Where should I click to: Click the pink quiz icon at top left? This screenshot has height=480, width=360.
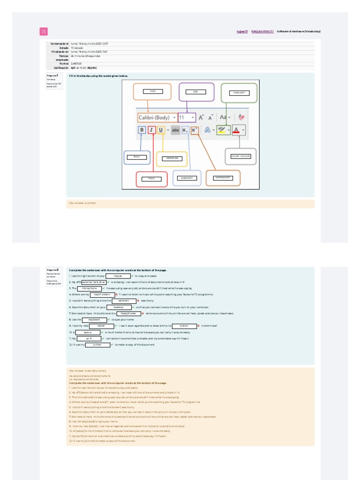(x=44, y=31)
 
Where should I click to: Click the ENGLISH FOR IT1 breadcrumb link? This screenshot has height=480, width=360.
(x=262, y=31)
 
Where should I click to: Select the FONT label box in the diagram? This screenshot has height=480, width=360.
(x=152, y=91)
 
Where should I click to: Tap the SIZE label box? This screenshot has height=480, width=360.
(x=195, y=92)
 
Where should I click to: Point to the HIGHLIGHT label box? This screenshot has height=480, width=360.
(x=239, y=93)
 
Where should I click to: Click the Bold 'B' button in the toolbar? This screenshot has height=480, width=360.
(x=142, y=130)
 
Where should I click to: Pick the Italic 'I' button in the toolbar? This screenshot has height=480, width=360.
(x=152, y=130)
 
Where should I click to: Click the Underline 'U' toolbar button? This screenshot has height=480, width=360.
(x=161, y=130)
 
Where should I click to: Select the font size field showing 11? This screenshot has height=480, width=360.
(x=186, y=118)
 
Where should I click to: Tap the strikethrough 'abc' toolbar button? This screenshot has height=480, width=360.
(x=175, y=130)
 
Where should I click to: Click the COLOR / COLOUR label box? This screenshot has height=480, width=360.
(x=240, y=156)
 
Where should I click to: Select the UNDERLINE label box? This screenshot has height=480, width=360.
(x=172, y=158)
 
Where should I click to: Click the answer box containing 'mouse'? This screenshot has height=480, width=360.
(x=117, y=276)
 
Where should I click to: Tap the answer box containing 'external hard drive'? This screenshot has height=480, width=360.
(x=93, y=282)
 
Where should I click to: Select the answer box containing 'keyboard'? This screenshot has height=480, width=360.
(x=94, y=319)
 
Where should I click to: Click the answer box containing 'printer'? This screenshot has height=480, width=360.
(x=97, y=345)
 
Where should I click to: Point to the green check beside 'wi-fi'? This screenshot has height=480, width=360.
(x=103, y=338)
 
